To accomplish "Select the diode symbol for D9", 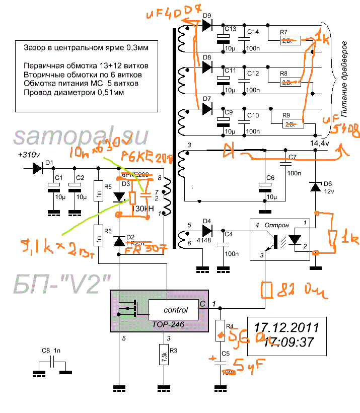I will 206,26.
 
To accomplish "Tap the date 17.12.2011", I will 286,327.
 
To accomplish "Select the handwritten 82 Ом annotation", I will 292,290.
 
